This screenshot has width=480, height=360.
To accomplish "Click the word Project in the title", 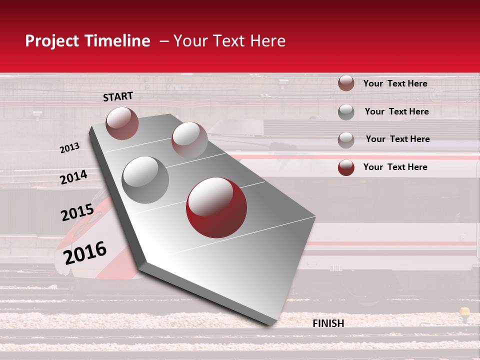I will (52, 41).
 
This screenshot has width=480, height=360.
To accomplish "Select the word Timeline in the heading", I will (117, 41).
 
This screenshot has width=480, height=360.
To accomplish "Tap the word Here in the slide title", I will (267, 41).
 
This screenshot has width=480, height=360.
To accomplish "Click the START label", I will (118, 96).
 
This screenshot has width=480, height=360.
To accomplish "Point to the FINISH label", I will (328, 323).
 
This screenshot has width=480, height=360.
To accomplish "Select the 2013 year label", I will (69, 148).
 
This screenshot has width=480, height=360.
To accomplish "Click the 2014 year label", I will (73, 177).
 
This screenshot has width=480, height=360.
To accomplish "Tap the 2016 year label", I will (85, 253).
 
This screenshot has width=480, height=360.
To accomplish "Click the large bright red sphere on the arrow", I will (216, 207).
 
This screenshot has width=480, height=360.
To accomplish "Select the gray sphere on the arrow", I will (145, 179).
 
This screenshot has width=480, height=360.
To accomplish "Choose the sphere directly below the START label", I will (122, 123).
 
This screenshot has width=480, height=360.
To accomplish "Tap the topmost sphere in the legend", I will (346, 83).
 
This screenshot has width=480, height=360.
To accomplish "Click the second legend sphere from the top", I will (346, 112).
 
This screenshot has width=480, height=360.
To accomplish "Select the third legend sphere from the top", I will (346, 140).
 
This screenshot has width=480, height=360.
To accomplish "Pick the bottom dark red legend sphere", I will (346, 167).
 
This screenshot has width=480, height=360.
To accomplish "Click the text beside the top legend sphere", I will (395, 83).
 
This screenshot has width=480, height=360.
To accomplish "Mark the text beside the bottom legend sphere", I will (395, 167).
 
